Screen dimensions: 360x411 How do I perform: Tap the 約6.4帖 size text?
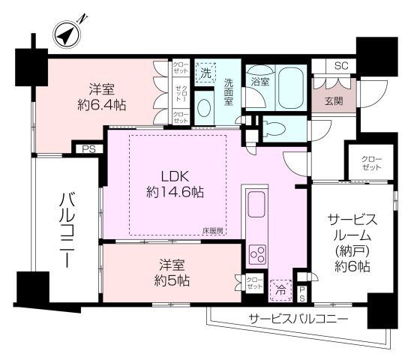click(x=97, y=105)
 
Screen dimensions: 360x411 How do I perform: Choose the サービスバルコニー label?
click(x=298, y=319)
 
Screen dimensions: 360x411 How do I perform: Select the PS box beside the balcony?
click(x=89, y=149)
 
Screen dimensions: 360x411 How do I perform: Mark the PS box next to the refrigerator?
click(x=301, y=292)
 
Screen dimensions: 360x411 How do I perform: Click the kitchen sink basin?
click(x=256, y=203)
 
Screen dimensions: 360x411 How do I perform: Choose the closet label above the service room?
click(x=370, y=163)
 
